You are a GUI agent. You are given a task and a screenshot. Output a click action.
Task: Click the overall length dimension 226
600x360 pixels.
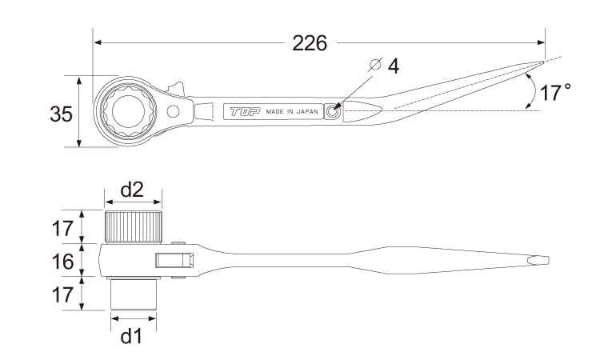tap(310, 43)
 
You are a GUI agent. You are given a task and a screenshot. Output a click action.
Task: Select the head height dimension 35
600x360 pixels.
tap(62, 114)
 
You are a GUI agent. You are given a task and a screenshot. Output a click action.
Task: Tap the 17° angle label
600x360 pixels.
tap(555, 93)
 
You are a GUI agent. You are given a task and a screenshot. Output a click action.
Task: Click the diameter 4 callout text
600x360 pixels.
tap(394, 66)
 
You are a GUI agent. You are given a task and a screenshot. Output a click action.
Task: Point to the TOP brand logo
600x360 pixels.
tap(245, 111)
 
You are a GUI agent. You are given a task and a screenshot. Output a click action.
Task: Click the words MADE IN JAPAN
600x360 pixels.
tap(292, 112)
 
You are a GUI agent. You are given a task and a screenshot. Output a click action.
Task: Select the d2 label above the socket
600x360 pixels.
tap(132, 190)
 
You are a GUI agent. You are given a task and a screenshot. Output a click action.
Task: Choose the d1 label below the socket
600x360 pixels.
tap(131, 336)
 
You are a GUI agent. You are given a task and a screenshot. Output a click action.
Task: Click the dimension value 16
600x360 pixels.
tap(62, 262)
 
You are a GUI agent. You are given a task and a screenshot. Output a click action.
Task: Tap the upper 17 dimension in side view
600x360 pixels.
tap(62, 228)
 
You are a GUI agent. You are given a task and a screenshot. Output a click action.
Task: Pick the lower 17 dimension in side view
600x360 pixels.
tap(62, 295)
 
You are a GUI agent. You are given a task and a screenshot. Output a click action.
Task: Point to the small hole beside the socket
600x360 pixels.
tap(173, 112)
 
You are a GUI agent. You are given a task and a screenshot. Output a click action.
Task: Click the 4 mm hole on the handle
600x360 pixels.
tap(332, 111)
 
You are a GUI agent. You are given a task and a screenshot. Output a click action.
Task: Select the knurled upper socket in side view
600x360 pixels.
tap(133, 226)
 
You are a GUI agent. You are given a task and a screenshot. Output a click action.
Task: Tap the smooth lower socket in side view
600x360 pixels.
tap(134, 294)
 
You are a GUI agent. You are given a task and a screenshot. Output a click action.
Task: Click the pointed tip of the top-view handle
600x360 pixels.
tap(543, 62)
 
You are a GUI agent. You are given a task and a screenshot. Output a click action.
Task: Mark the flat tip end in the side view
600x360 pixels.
tap(549, 261)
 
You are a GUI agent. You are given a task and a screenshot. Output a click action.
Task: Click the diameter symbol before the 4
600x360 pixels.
tap(375, 65)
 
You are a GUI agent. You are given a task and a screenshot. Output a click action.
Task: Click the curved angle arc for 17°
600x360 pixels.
tap(533, 90)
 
